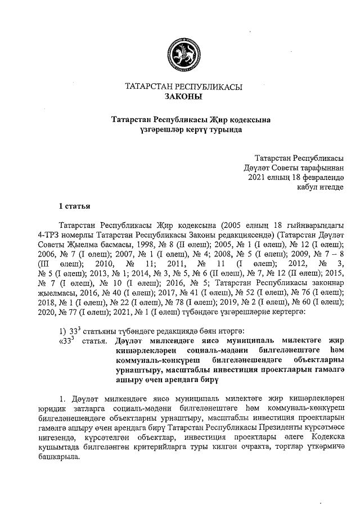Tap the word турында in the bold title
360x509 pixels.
[223, 129]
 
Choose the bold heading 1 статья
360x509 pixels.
[75, 206]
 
